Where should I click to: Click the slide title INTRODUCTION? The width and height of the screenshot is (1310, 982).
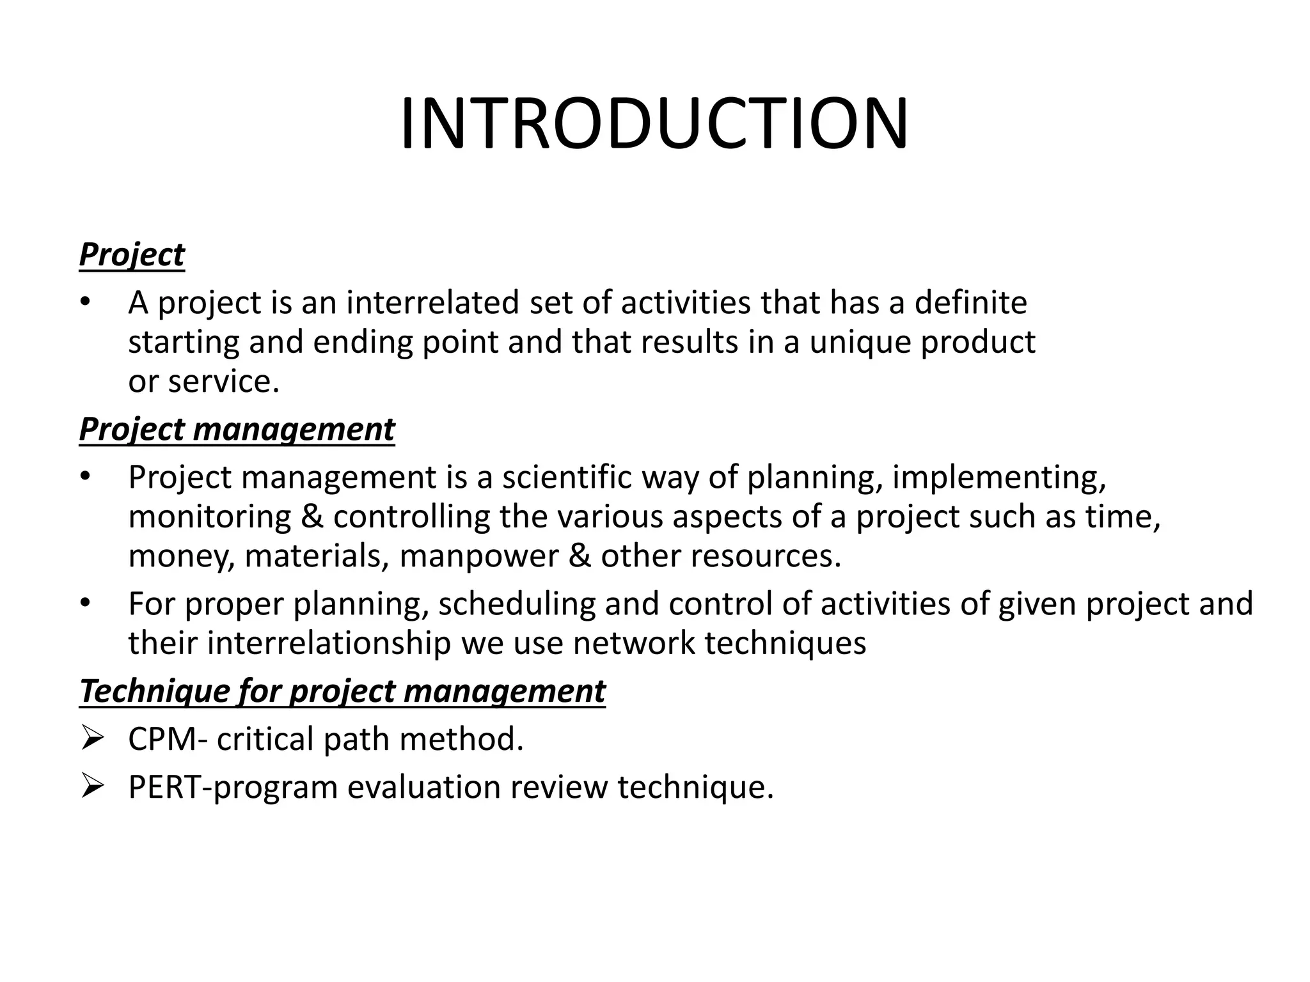654,123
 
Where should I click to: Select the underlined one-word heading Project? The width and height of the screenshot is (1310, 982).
132,254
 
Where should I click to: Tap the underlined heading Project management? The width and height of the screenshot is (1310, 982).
237,429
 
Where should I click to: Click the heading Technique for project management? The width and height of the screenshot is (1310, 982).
342,691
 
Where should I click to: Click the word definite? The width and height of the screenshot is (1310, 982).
970,302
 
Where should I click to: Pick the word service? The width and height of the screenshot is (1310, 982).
223,382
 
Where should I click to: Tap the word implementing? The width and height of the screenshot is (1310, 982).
998,477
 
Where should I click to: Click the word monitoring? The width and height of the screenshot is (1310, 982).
209,517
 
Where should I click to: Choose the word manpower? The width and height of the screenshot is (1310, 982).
479,556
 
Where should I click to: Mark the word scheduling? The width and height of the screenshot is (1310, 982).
517,604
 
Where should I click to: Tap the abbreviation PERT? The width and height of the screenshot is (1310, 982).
164,787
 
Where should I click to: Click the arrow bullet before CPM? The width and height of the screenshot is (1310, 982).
92,740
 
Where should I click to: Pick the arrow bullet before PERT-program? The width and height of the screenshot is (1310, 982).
92,788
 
